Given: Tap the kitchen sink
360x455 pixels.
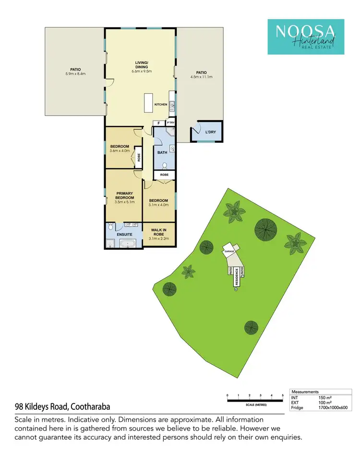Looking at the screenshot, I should [172, 106].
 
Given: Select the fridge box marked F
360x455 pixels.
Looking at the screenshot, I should [158, 123].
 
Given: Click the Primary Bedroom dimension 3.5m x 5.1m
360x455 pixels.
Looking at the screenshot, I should [124, 202].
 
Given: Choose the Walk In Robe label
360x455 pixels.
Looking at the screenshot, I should [158, 234].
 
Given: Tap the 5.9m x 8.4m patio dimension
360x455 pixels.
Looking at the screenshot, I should [75, 74].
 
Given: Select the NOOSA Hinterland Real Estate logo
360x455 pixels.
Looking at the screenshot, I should [305, 37].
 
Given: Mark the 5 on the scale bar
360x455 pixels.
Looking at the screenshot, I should [283, 395].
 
